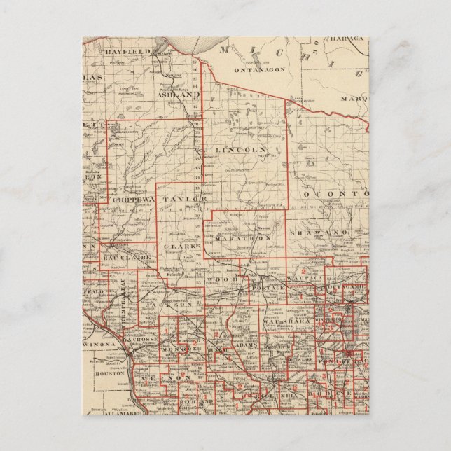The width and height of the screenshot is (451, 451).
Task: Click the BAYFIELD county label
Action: (123, 52)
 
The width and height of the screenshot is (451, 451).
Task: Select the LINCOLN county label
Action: (240, 150)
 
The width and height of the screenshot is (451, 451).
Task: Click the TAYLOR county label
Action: (185, 199)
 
